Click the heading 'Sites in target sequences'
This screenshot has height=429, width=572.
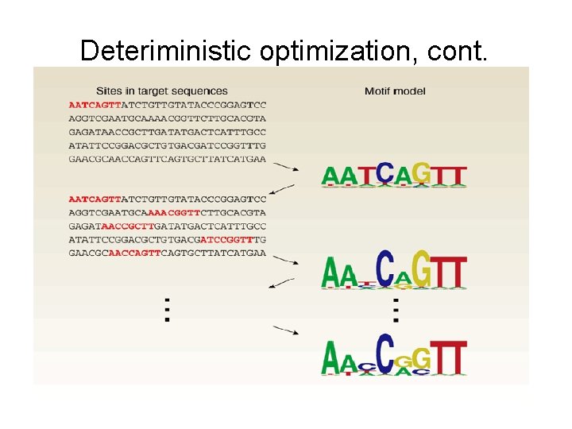click(162, 91)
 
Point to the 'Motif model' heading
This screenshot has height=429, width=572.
click(395, 91)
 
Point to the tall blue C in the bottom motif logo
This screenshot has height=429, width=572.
click(385, 354)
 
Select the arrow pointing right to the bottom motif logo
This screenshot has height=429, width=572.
click(286, 330)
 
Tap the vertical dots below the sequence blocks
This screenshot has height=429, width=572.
click(167, 309)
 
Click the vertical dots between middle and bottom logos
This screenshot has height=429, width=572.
click(396, 308)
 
